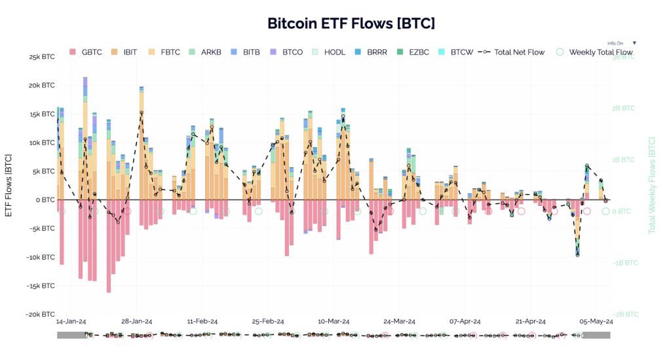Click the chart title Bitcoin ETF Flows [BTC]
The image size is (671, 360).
click(x=351, y=24)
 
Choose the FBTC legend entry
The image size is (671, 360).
click(x=165, y=52)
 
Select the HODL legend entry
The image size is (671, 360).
click(x=328, y=52)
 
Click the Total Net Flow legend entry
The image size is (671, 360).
click(x=512, y=52)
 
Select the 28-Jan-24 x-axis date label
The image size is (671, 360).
click(x=137, y=322)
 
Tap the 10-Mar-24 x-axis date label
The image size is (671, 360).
click(x=334, y=322)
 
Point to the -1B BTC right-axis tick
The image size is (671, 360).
click(x=625, y=263)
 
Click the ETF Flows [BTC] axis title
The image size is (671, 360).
click(x=9, y=186)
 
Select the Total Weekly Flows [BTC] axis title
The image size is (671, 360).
click(x=652, y=186)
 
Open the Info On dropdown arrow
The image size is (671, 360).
click(x=634, y=43)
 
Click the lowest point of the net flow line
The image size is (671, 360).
click(x=577, y=254)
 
